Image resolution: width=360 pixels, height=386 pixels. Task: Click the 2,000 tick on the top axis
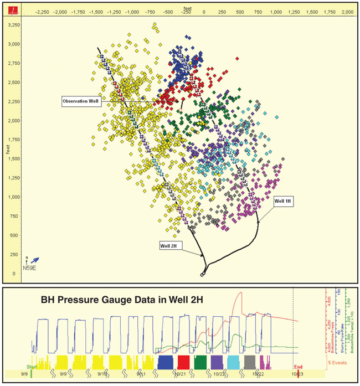point(347,11)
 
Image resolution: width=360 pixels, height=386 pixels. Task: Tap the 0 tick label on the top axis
point(204,11)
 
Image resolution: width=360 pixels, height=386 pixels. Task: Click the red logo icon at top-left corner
point(11,11)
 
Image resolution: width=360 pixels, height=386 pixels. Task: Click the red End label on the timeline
point(299,366)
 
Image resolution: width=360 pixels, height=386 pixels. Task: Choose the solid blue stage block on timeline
point(166,362)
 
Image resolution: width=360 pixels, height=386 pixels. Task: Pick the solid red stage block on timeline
point(183,362)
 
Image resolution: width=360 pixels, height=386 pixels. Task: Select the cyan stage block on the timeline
point(234,362)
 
